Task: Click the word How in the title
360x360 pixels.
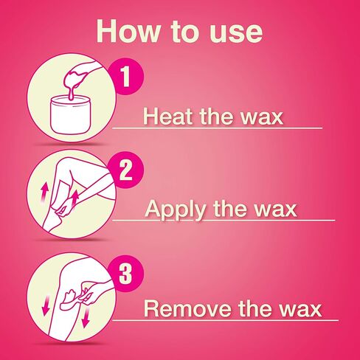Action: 130,32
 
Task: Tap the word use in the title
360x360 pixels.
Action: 229,32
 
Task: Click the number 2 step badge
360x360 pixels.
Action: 126,171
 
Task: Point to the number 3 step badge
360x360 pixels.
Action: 125,274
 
